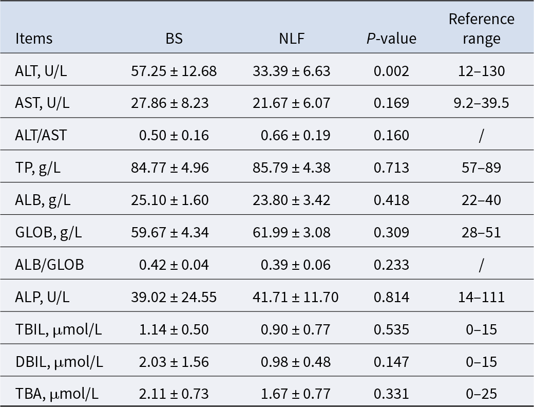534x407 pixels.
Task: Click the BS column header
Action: pos(174,39)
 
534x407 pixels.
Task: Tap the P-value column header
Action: pos(391,39)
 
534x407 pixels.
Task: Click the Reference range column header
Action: pos(481,29)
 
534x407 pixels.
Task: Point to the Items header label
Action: pos(34,39)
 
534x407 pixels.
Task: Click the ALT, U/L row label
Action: pos(41,71)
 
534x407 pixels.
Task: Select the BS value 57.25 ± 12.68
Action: pos(174,71)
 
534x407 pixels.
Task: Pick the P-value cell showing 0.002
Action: pos(391,71)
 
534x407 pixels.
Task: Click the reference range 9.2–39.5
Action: pos(481,103)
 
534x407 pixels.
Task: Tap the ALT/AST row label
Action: pos(41,136)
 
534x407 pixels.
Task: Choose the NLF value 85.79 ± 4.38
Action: pos(291,168)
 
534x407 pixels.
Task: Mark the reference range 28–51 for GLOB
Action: pos(481,233)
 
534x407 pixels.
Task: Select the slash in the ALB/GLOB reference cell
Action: pos(481,265)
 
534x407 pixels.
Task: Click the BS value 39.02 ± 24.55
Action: pos(174,298)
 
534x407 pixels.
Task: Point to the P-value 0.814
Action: pos(391,298)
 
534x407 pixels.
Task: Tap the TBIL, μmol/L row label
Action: pos(58,330)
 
